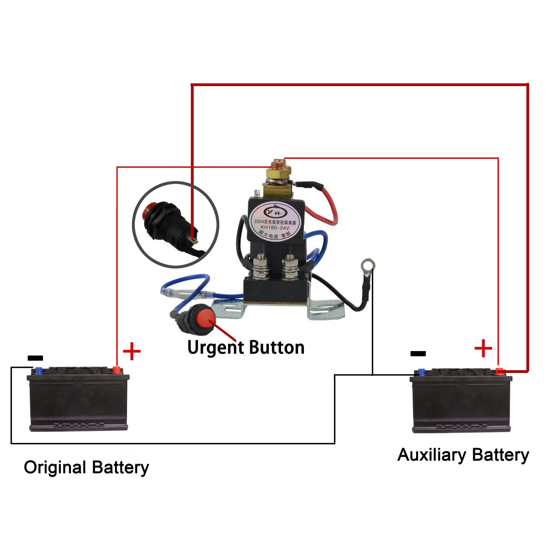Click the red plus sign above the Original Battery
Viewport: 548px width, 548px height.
pos(132,352)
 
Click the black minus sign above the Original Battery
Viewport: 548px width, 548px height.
pos(35,358)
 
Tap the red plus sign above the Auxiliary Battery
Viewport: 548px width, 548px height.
pos(483,348)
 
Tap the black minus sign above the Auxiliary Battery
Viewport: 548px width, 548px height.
pos(418,353)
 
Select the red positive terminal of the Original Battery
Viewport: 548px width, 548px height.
pos(117,370)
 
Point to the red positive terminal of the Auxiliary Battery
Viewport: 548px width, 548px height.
pos(499,372)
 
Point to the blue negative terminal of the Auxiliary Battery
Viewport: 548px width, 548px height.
pos(422,372)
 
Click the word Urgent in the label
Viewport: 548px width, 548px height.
pos(215,348)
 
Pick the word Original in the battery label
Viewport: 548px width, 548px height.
pos(55,468)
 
